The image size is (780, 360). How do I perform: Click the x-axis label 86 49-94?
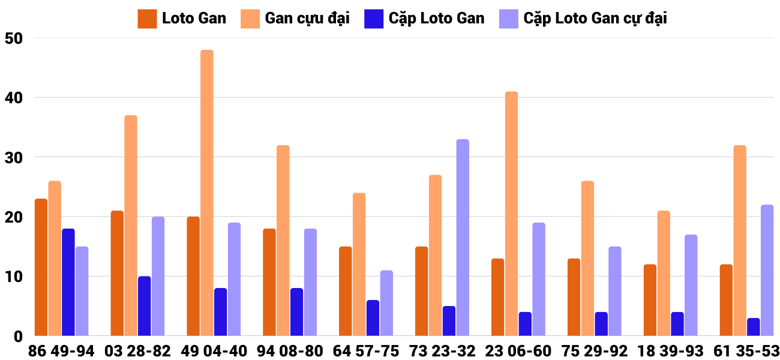[61, 351]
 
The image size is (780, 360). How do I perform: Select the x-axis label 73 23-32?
[442, 351]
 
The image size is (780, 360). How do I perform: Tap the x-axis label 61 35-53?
[746, 351]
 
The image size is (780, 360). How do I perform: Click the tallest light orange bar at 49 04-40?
[206, 192]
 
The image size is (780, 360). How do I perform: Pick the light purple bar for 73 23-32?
[463, 237]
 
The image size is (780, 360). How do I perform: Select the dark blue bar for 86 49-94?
[68, 282]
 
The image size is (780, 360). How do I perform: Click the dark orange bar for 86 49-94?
[41, 267]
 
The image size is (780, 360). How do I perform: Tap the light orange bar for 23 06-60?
[511, 213]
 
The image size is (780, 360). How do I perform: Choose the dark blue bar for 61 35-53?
[753, 327]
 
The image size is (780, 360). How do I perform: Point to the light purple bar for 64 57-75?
[386, 303]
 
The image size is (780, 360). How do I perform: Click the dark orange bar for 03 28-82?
[117, 273]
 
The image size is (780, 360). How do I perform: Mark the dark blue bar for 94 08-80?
[296, 312]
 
